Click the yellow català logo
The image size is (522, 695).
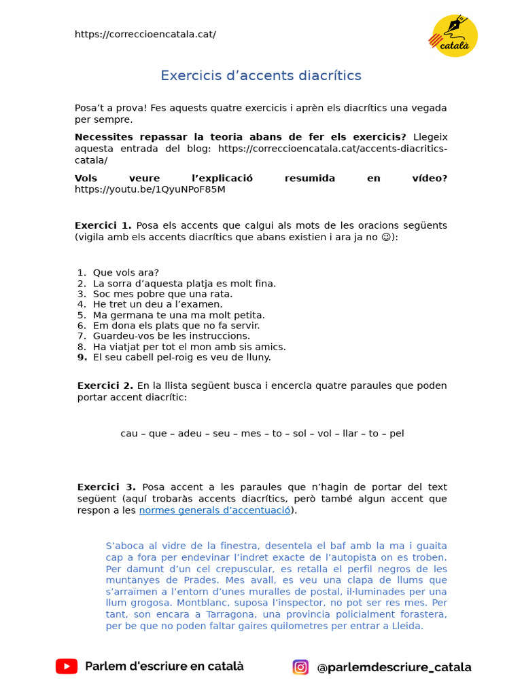(455, 35)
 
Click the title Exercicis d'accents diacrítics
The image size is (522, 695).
(261, 75)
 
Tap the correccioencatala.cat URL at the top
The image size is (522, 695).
(145, 34)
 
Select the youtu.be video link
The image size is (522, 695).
(150, 189)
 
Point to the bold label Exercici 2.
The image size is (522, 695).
(105, 386)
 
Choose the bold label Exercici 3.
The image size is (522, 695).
(106, 487)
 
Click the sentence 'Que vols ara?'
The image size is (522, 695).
(126, 273)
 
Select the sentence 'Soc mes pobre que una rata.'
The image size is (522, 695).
(162, 294)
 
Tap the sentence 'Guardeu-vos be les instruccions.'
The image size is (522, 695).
(171, 336)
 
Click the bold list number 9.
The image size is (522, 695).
(82, 357)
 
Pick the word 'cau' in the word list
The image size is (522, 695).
(129, 433)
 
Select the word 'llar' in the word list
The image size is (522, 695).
(350, 433)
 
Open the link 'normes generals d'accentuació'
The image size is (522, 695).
(215, 510)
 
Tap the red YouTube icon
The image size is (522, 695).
(67, 666)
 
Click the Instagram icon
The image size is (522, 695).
(300, 667)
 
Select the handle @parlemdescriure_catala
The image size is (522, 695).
(394, 667)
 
